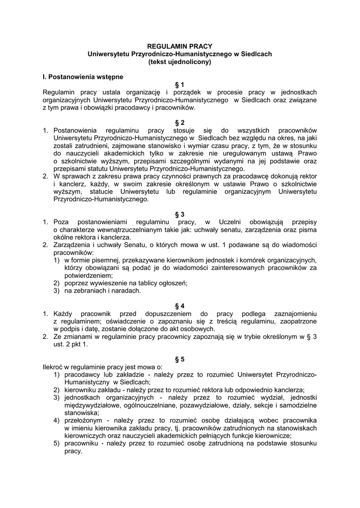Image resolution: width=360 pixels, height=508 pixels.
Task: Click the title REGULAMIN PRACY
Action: click(180, 46)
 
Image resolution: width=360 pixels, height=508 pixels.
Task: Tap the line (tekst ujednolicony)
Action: click(180, 62)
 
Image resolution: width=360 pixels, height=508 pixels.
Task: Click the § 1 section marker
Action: click(180, 85)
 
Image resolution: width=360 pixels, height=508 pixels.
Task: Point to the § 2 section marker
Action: click(180, 123)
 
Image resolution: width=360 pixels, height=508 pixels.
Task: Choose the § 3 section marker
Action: click(180, 214)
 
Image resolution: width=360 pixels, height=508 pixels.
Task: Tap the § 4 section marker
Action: click(180, 306)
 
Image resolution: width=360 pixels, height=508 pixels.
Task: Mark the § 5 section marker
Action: click(180, 359)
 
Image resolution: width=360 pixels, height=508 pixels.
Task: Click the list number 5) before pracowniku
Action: click(57, 443)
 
